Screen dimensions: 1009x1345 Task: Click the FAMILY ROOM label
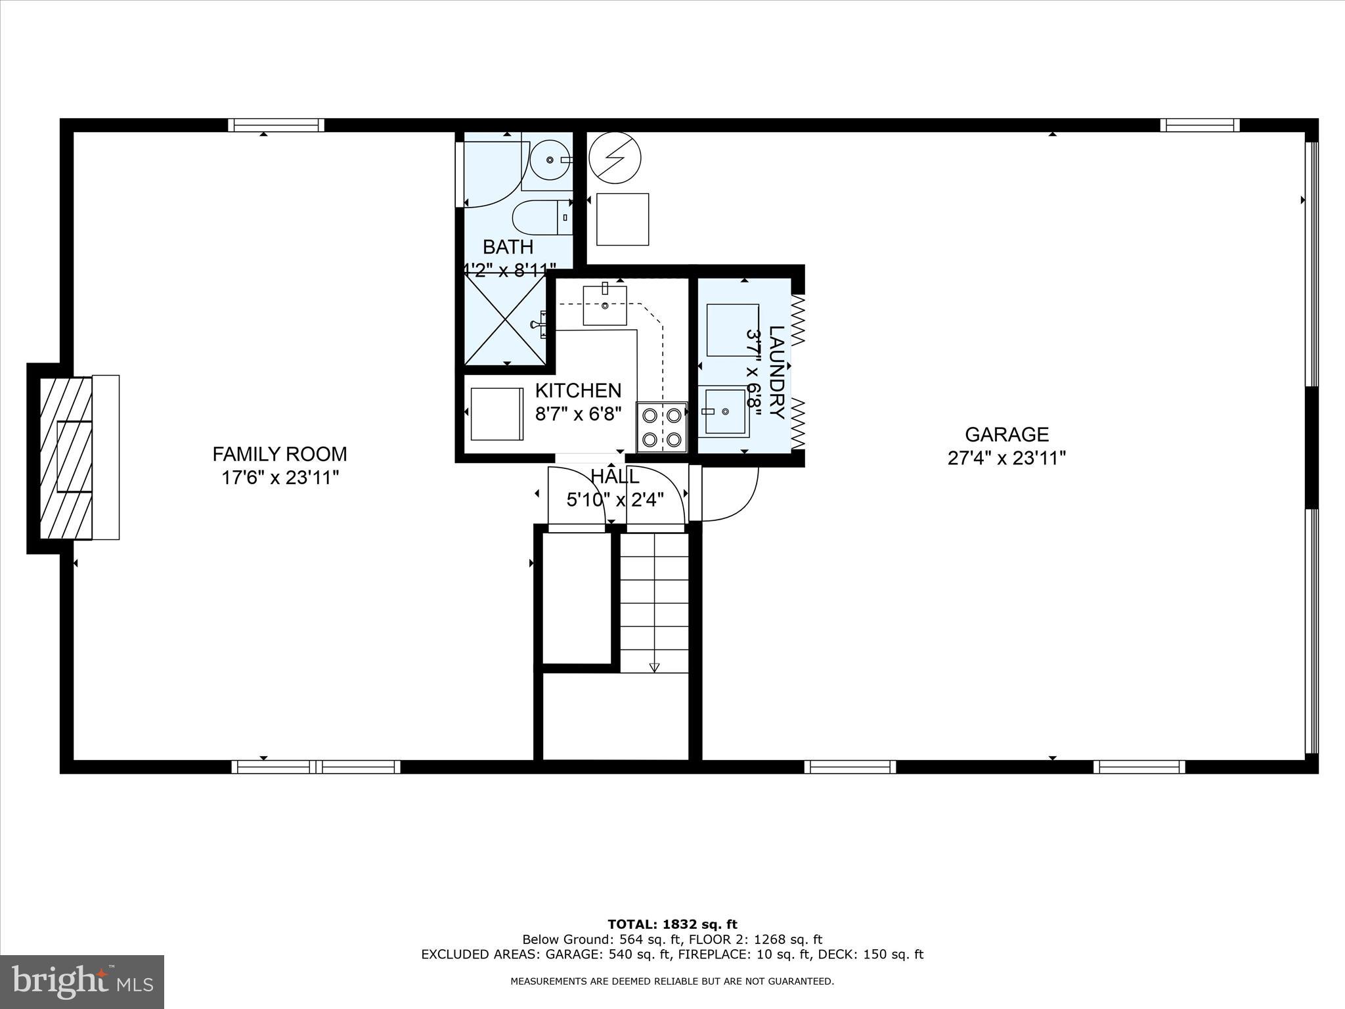coord(280,454)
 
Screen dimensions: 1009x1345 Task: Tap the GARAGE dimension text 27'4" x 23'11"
coord(1006,458)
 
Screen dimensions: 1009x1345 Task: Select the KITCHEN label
coord(578,390)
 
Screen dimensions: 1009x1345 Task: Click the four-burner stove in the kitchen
coord(662,427)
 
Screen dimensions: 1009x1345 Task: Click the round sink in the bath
coord(549,160)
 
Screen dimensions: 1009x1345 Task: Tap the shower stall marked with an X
coord(505,320)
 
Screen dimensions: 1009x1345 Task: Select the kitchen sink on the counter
coord(605,305)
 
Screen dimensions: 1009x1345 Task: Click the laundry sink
coord(725,411)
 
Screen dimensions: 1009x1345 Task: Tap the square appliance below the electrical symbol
coord(622,219)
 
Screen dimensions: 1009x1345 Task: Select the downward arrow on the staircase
coord(654,667)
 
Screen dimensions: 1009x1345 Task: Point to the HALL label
coord(615,477)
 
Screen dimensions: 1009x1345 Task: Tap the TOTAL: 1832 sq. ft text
coord(672,925)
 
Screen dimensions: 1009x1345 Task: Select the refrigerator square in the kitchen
coord(496,414)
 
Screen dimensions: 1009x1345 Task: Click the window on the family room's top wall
coord(276,125)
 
